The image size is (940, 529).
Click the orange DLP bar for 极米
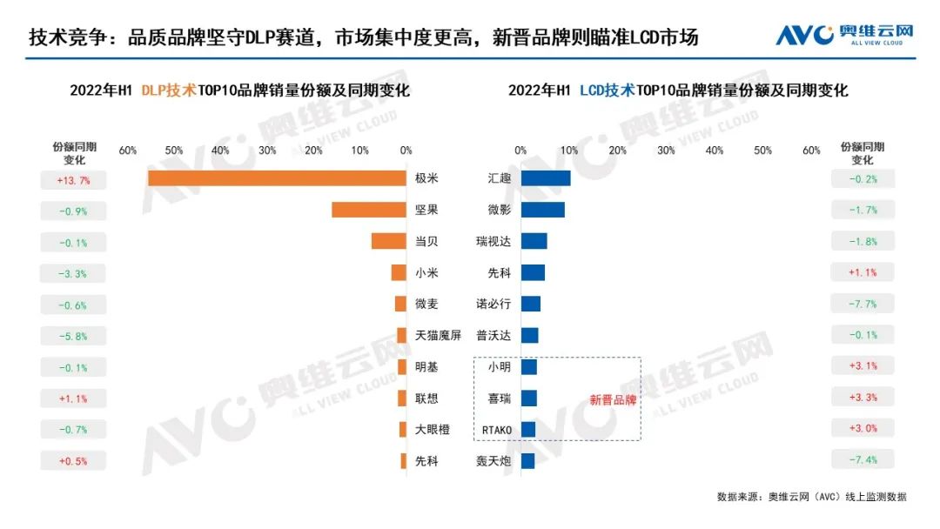[277, 178]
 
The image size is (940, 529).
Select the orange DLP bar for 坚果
[369, 210]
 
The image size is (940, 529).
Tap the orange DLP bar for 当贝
[389, 241]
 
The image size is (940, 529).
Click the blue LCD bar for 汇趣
[546, 178]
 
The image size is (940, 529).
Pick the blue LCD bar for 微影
[543, 210]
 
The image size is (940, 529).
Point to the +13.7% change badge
[74, 180]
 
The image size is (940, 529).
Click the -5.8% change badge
[74, 337]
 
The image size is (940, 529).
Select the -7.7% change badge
[863, 305]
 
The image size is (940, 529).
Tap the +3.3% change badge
[863, 398]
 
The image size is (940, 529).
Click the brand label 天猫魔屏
[438, 336]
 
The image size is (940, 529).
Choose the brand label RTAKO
[497, 430]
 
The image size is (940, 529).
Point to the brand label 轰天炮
[494, 461]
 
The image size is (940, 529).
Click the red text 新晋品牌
[613, 401]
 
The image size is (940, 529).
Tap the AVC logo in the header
[844, 34]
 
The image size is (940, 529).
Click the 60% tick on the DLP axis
[128, 151]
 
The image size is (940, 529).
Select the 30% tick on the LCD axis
[666, 151]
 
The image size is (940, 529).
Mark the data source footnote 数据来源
[811, 497]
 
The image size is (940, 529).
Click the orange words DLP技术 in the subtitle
[168, 90]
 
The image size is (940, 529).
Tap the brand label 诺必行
[494, 305]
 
